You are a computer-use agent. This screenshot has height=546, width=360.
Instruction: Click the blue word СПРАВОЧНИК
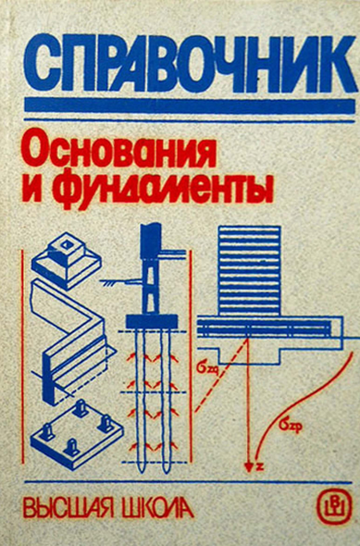coord(190,66)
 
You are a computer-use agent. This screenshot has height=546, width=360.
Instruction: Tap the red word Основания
coord(118,151)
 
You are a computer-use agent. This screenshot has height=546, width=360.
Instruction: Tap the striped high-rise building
coord(249,270)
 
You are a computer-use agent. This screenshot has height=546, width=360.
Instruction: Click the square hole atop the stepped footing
coord(66,245)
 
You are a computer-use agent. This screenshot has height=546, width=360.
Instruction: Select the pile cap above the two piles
coord(151,321)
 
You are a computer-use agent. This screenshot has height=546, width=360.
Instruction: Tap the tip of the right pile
coord(166,471)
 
